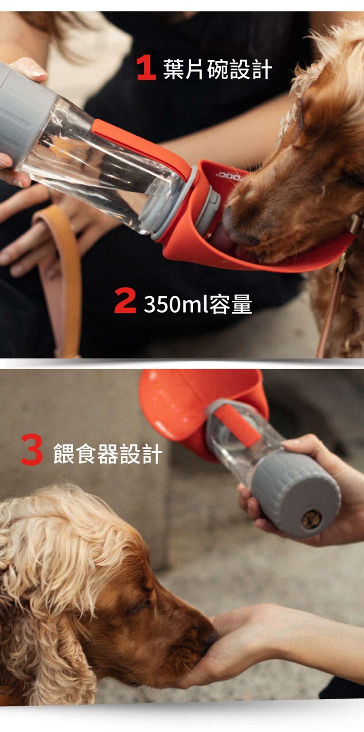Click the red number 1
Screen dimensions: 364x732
(146, 68)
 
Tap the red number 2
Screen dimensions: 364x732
(125, 301)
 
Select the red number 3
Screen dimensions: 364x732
(32, 450)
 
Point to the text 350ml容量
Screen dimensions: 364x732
(198, 304)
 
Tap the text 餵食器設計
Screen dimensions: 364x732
(108, 454)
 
